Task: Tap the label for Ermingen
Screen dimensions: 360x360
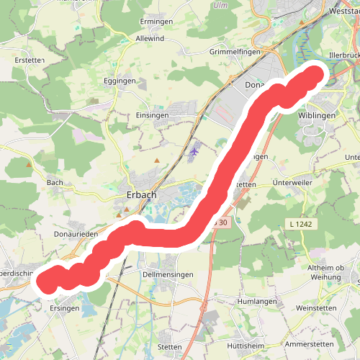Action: tap(156, 20)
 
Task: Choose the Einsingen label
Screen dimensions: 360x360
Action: tap(153, 114)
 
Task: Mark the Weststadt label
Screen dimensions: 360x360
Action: tap(343, 12)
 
